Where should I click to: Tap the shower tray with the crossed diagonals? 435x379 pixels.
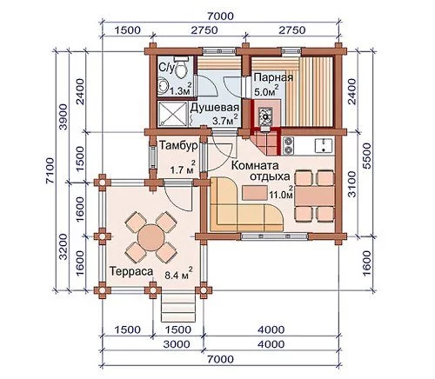pos(172,114)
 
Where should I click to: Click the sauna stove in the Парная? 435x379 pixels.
pos(265,114)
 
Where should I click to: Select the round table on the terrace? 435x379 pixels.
pos(151,237)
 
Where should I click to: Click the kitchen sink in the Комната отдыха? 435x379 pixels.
pos(324,145)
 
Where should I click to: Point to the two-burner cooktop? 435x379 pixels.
pos(288,146)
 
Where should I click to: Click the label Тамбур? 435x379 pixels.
pos(178,145)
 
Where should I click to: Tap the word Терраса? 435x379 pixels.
pos(131,271)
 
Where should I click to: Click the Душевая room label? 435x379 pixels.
pos(215,108)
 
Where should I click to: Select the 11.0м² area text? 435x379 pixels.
pos(281,193)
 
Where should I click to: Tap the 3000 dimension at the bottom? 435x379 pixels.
pos(177,344)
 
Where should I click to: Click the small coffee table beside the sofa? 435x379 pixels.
pos(255,193)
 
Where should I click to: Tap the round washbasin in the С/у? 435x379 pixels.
pos(163,85)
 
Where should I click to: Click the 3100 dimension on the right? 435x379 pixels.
pos(351,184)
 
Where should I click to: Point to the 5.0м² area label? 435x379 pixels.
pos(266,91)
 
